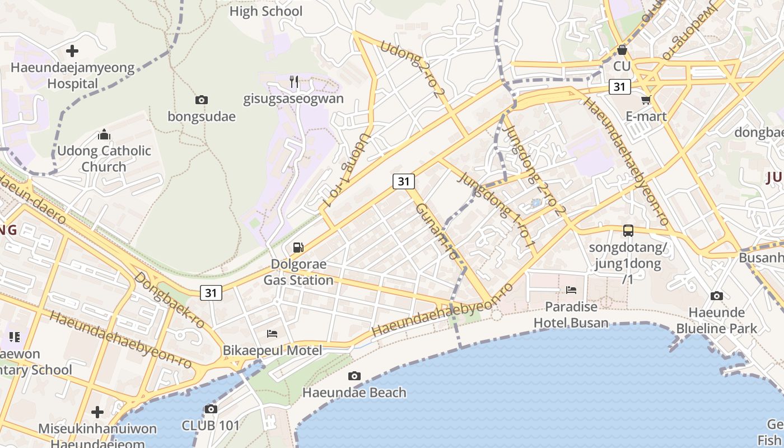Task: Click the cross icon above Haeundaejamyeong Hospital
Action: [x=72, y=51]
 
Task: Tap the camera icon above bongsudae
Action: [x=201, y=100]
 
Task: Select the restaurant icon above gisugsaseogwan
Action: [x=294, y=82]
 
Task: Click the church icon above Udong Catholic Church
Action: [x=104, y=134]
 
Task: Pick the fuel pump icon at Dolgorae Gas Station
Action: [x=298, y=247]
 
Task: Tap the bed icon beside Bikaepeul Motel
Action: [x=272, y=334]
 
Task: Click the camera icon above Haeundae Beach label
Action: [x=354, y=376]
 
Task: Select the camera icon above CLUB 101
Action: [x=211, y=409]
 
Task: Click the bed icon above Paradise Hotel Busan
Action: [x=571, y=290]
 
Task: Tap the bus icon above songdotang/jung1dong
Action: [x=628, y=230]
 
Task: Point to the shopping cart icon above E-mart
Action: [x=646, y=100]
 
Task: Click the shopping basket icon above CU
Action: [x=622, y=50]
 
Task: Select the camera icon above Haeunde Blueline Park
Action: [x=716, y=296]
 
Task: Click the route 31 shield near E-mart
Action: [x=619, y=87]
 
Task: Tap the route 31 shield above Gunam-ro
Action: [x=404, y=181]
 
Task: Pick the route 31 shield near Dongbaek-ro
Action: [x=211, y=292]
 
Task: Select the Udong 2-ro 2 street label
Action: [x=409, y=69]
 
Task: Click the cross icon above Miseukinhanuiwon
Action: [x=97, y=412]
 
